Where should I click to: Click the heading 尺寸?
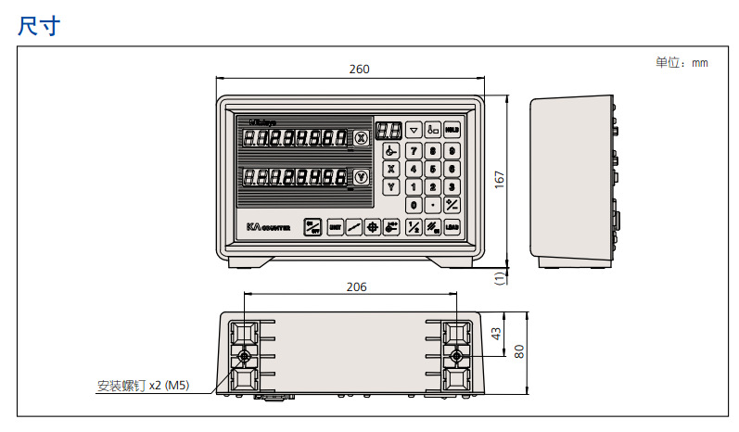pos(38,26)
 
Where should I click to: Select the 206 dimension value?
pos(356,287)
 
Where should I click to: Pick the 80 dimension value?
pos(519,353)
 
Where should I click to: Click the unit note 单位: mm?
pos(682,62)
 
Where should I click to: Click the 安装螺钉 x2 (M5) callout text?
pos(143,386)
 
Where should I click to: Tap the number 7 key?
pos(414,150)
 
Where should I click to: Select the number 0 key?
pos(414,204)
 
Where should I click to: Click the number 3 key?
pos(452,186)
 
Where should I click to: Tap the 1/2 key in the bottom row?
pos(414,226)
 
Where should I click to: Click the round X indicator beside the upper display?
pos(362,138)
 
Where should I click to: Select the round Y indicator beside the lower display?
pos(362,176)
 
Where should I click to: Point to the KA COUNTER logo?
pos(269,226)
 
